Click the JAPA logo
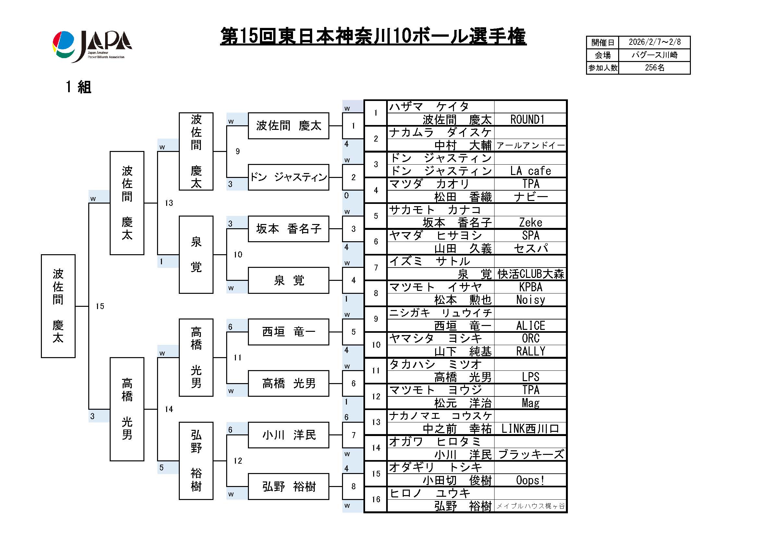coord(92,46)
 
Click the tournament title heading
coord(373,36)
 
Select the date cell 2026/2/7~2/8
coord(654,42)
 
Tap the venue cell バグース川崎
coord(654,55)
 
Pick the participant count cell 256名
coord(654,68)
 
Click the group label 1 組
coord(78,87)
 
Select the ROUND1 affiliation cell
coord(530,119)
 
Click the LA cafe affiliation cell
coord(530,171)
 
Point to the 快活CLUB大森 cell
coord(530,274)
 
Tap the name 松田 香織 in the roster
coord(463,197)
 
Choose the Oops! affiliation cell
coord(530,480)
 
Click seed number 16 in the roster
coord(376,499)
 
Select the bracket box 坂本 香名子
coord(288,229)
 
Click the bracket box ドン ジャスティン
coord(288,177)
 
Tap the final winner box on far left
coord(58,306)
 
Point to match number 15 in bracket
coord(100,306)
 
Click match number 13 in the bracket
coord(169,203)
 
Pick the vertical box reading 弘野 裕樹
coord(196,461)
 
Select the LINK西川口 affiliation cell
coord(530,429)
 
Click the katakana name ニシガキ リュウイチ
coord(440,313)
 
